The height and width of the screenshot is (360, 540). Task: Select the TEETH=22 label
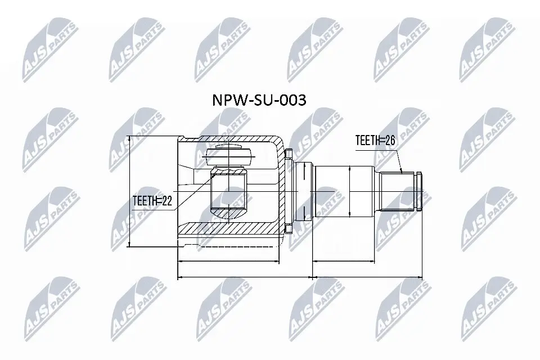coord(151,200)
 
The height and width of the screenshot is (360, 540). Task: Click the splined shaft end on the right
coord(400,191)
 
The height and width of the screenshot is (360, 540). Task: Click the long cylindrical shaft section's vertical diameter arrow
coord(349,191)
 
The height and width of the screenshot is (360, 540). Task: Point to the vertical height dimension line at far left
coord(130,191)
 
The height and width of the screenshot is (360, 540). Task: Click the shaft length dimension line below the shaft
coord(343,262)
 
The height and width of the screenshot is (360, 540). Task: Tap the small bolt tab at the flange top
coord(289,153)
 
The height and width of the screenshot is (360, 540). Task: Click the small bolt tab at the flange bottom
coord(289,229)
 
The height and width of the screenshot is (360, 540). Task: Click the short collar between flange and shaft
coord(304,191)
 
